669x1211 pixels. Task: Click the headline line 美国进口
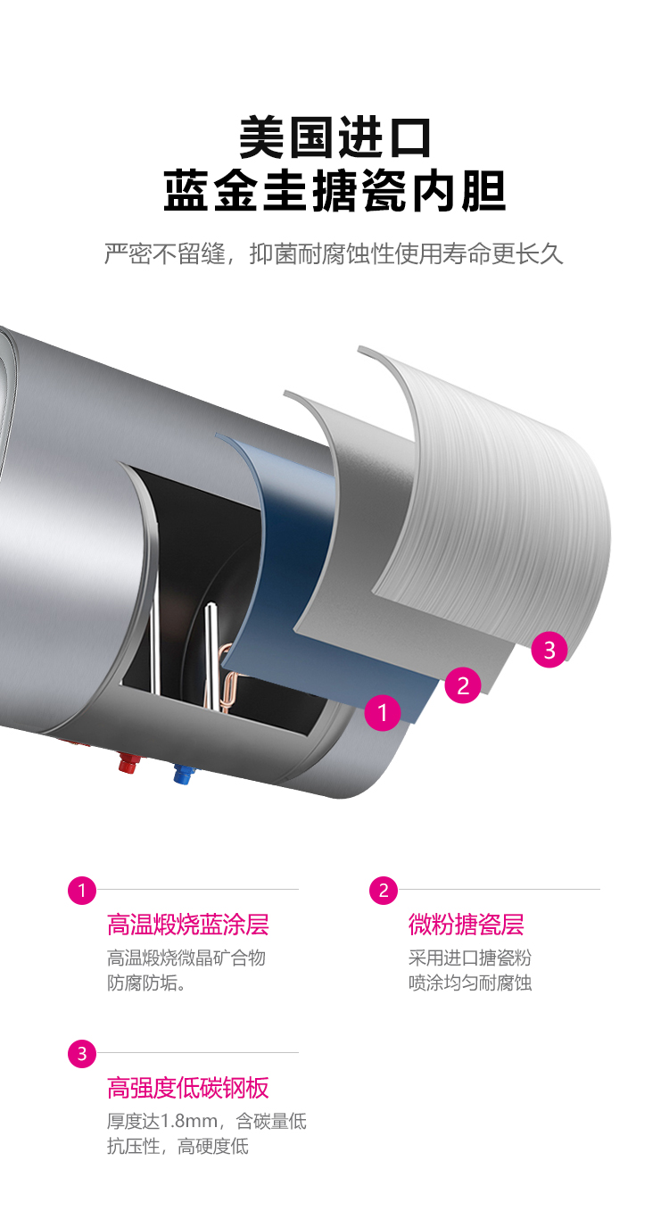click(334, 137)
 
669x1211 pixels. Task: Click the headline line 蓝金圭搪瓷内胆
click(334, 190)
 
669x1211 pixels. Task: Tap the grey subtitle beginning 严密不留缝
click(334, 253)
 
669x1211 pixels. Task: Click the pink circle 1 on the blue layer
click(383, 712)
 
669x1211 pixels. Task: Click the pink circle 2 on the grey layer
click(463, 685)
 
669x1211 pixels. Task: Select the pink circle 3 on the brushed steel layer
click(549, 650)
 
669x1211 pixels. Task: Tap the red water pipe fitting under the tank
click(128, 762)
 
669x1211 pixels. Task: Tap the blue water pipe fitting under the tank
click(183, 774)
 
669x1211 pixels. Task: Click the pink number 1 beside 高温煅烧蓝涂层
click(82, 891)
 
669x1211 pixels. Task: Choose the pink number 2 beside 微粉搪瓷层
click(384, 891)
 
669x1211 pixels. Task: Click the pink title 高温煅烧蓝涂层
click(187, 925)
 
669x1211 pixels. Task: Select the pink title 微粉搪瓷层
click(466, 925)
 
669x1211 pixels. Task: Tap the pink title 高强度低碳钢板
click(187, 1088)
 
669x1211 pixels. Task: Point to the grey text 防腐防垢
click(142, 983)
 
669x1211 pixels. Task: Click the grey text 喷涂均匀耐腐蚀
click(470, 983)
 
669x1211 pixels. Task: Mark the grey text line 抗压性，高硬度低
click(178, 1146)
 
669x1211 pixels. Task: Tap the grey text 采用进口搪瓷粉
click(470, 958)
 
